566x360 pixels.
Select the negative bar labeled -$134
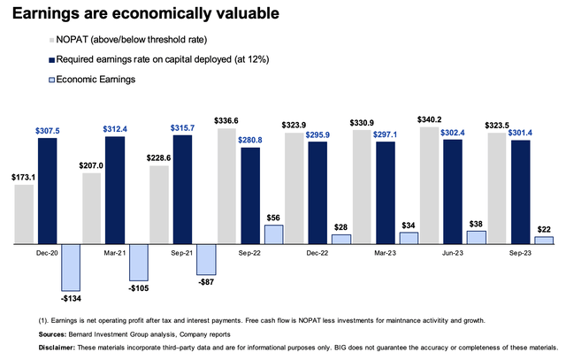click(72, 265)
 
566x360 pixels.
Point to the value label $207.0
click(92, 165)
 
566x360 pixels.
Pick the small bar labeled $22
click(544, 240)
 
